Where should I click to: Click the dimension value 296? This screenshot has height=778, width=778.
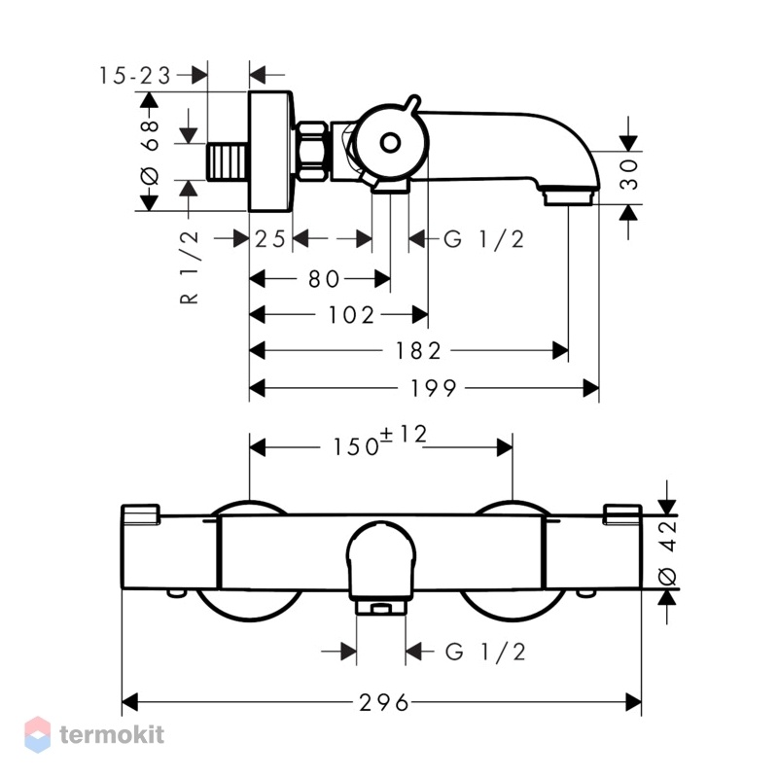coord(384,702)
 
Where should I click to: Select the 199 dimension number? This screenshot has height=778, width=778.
coord(433,388)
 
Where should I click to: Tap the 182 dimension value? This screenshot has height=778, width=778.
coord(418,351)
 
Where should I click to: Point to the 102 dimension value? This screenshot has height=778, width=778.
coord(351,315)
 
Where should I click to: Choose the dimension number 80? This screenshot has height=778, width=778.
coord(324,279)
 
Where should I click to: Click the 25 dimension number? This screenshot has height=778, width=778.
coord(270,239)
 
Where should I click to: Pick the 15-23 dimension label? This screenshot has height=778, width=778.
coord(135,76)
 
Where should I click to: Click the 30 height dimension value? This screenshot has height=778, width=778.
coord(629,174)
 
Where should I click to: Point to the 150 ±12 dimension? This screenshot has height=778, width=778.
coord(379,442)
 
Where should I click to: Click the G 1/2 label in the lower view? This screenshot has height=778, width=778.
coord(485,652)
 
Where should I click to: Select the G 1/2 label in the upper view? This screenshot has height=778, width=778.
coord(483,239)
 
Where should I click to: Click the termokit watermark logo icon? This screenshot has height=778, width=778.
coord(38,735)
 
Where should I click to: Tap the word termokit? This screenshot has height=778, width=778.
coord(112,735)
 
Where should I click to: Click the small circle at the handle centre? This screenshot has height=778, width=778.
coord(390,143)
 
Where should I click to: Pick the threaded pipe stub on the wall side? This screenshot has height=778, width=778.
coord(227,161)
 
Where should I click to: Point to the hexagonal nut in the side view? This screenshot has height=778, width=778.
coord(311,152)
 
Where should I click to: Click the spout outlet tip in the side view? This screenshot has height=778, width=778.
coord(568,196)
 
